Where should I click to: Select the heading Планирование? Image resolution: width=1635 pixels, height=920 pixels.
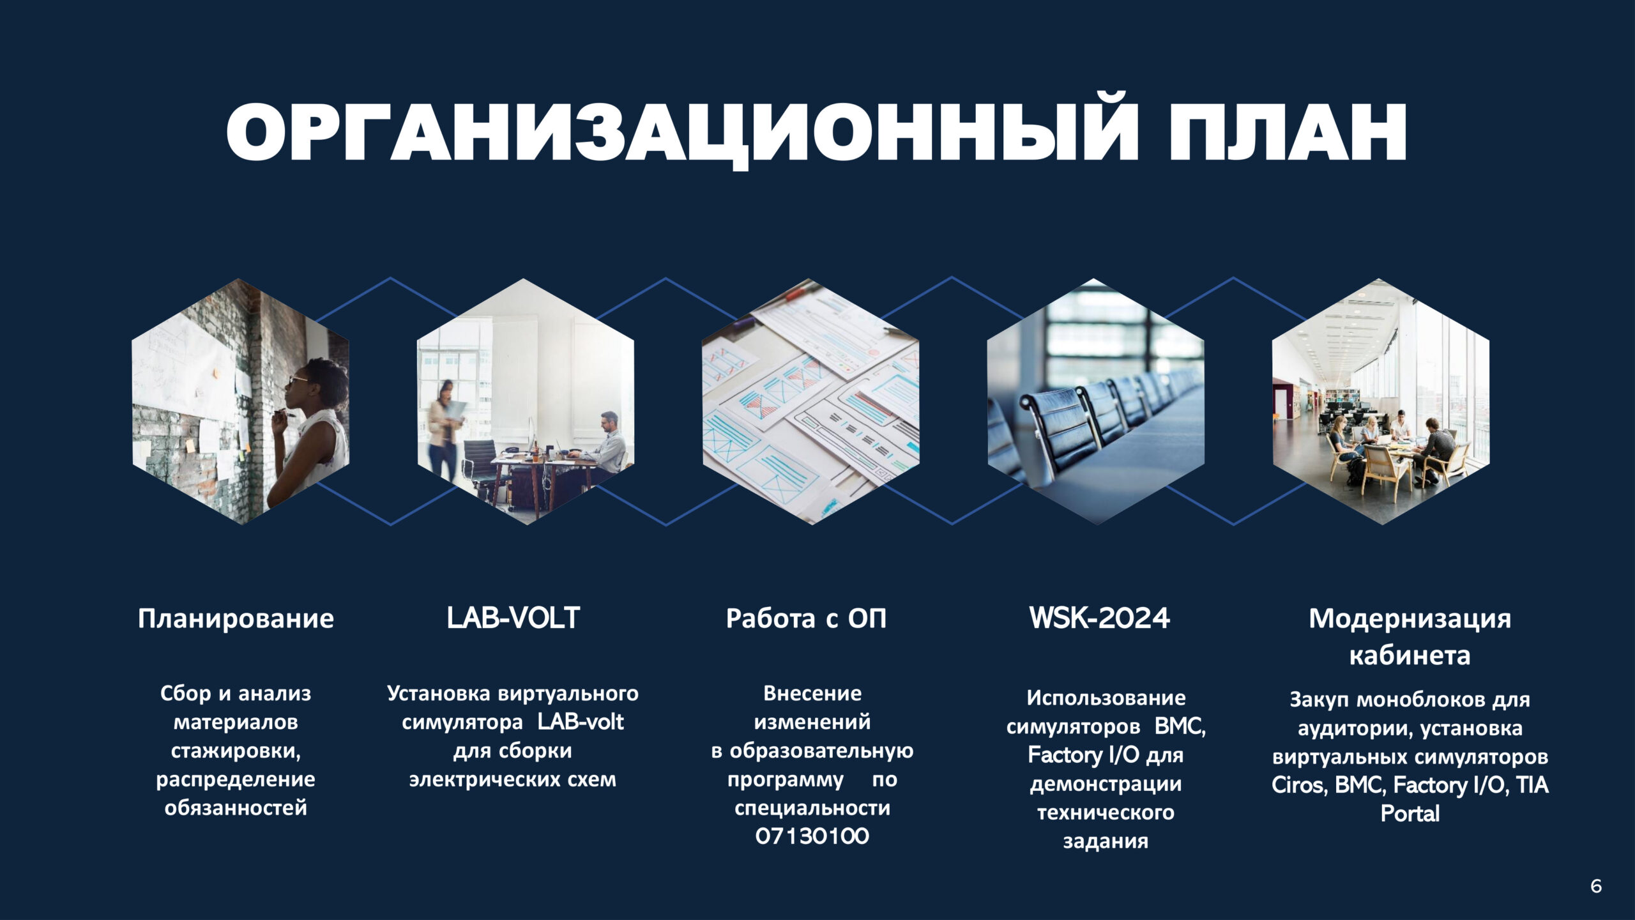(236, 619)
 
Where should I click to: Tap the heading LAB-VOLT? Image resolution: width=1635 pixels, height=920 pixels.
(513, 618)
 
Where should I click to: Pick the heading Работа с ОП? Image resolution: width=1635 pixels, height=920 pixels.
(806, 618)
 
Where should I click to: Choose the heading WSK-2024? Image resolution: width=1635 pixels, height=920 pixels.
(1099, 618)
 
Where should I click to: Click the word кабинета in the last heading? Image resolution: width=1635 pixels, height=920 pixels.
(1410, 655)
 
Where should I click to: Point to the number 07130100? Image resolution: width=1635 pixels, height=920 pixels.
(812, 836)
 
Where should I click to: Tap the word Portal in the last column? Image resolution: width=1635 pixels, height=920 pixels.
(1410, 813)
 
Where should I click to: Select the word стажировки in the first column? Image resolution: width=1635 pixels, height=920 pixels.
(236, 751)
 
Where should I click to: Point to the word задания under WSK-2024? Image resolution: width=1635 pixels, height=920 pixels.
(1106, 841)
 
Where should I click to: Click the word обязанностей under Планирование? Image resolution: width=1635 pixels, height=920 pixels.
(236, 808)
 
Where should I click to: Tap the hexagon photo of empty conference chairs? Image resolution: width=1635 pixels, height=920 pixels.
(1096, 402)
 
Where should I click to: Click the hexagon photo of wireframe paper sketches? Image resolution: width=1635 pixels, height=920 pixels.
(811, 402)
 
